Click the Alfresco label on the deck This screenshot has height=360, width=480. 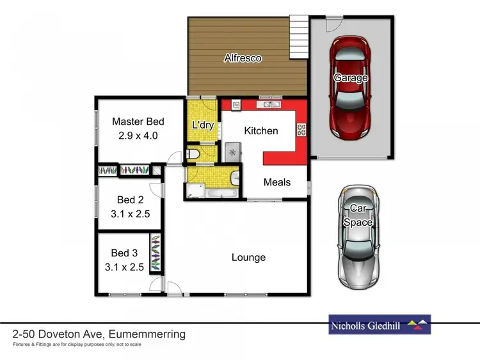pyautogui.click(x=243, y=58)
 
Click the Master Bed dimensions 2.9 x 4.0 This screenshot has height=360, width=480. pyautogui.click(x=138, y=136)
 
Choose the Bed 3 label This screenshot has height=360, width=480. pyautogui.click(x=124, y=253)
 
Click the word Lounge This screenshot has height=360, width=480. pyautogui.click(x=248, y=258)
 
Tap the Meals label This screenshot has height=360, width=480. pyautogui.click(x=277, y=182)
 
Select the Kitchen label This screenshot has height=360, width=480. pyautogui.click(x=262, y=130)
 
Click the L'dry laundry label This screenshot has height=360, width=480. pyautogui.click(x=202, y=125)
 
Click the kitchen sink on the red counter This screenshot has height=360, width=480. pyautogui.click(x=268, y=104)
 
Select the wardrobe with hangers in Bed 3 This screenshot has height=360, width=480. pyautogui.click(x=156, y=251)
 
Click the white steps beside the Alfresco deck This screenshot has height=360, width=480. pyautogui.click(x=298, y=36)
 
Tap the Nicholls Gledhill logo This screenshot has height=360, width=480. pyautogui.click(x=380, y=325)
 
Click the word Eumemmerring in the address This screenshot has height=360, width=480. pyautogui.click(x=147, y=334)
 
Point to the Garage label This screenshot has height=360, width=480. pyautogui.click(x=351, y=78)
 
